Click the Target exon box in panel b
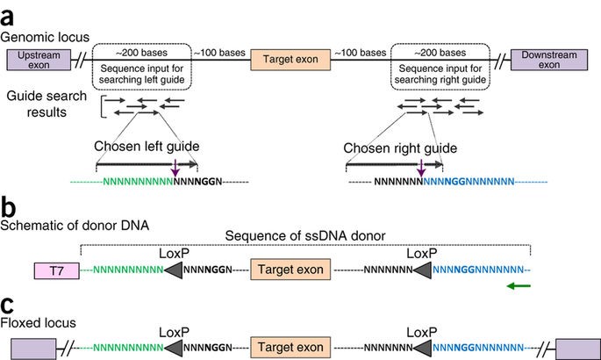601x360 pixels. pyautogui.click(x=290, y=270)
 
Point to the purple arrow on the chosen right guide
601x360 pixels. pyautogui.click(x=421, y=167)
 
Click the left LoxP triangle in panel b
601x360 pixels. pyautogui.click(x=178, y=270)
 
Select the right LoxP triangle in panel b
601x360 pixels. pyautogui.click(x=420, y=270)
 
